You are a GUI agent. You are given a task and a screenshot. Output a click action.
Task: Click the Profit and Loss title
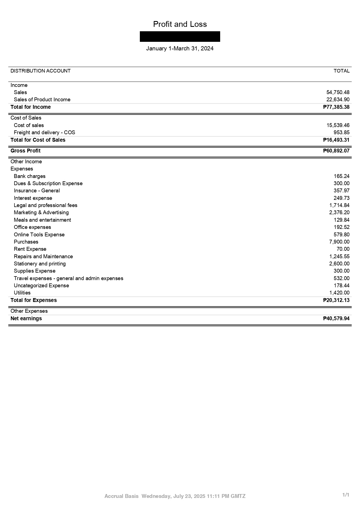point(180,24)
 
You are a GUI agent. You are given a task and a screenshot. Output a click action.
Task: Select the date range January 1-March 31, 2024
point(180,49)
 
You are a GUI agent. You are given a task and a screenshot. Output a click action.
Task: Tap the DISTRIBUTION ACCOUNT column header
point(40,71)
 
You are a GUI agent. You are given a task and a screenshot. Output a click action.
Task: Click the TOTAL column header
point(341,71)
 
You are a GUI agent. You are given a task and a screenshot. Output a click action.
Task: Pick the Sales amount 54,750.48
point(338,92)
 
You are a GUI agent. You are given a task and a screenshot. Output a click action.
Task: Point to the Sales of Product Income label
point(42,100)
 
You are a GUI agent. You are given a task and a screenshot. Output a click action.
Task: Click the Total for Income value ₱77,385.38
point(336,107)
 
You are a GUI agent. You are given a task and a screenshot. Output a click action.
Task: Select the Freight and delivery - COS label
point(44,133)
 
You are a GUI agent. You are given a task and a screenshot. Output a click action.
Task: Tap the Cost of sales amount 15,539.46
point(338,125)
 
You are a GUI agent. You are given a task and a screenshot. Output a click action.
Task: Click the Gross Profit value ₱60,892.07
point(336,151)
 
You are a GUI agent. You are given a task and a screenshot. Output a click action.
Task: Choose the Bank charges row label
point(30,176)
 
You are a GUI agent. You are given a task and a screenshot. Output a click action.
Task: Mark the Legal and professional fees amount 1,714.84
point(339,205)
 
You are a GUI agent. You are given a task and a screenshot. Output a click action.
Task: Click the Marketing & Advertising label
point(41,213)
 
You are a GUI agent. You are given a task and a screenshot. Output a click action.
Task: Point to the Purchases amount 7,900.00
point(339,242)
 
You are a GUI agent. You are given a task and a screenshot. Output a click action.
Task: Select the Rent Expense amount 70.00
point(343,249)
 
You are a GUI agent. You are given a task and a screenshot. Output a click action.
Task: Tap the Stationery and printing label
point(40,264)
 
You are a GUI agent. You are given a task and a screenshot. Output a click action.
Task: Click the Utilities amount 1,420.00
point(339,293)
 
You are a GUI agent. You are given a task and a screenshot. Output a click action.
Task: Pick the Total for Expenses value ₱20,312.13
point(336,300)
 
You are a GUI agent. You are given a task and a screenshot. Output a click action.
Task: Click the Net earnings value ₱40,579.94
point(336,319)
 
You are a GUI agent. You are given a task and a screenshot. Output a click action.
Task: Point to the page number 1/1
point(346,495)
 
